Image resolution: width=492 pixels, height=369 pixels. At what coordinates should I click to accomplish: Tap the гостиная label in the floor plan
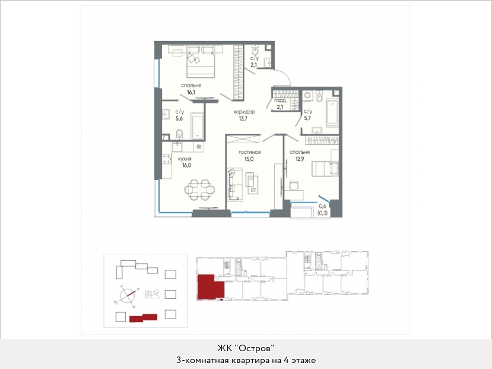tap(249, 152)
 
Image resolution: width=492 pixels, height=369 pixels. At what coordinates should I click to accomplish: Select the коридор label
tap(244, 112)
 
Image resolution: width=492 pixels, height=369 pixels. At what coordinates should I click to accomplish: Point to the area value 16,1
tap(191, 92)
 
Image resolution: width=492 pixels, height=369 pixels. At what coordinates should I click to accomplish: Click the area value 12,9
tap(300, 159)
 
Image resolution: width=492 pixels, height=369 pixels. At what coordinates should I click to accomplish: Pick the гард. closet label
tap(280, 100)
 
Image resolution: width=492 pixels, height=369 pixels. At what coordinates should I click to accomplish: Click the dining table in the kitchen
tap(199, 190)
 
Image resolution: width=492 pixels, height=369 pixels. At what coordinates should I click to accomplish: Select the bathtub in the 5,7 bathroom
tap(332, 113)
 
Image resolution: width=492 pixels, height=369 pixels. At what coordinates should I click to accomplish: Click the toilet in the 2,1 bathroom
tap(255, 51)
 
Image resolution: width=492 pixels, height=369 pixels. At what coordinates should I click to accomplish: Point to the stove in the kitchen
tap(167, 159)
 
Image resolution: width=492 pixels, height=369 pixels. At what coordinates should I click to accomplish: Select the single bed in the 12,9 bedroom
tap(325, 168)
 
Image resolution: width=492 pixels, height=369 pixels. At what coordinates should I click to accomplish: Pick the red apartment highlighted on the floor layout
tap(210, 287)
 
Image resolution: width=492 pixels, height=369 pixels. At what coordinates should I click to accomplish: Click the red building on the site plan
tap(144, 318)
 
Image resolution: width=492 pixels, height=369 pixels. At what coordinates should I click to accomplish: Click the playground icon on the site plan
tap(152, 294)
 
